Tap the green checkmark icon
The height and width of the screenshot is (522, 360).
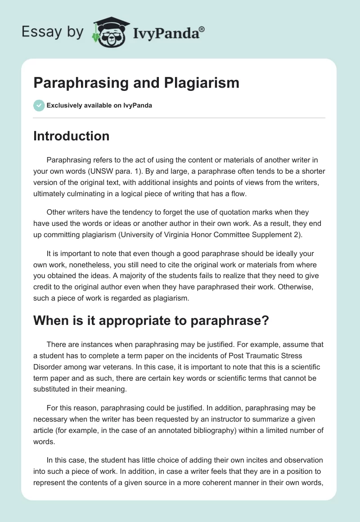tap(39, 105)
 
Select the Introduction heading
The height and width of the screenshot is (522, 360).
tap(71, 136)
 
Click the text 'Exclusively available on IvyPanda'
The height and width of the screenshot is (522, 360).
tap(99, 106)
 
